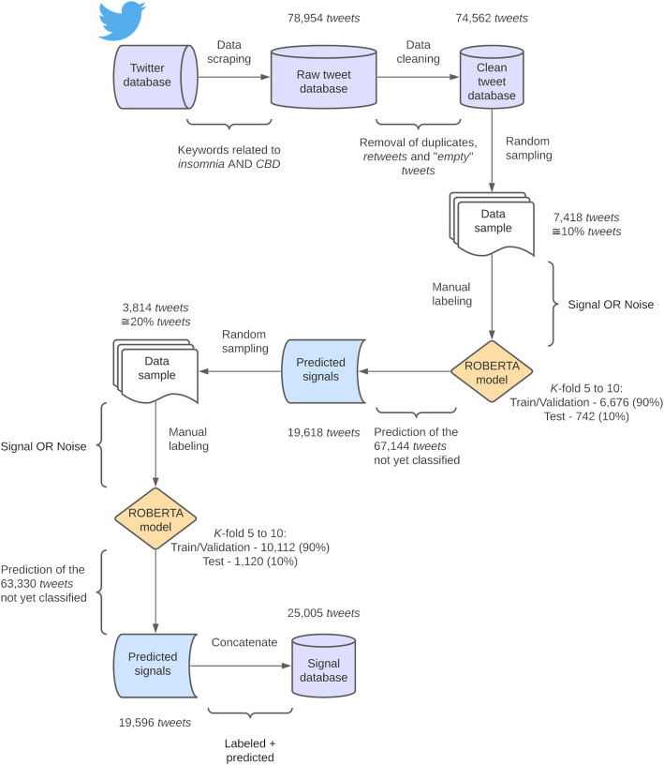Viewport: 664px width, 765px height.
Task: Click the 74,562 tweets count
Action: tap(490, 19)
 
